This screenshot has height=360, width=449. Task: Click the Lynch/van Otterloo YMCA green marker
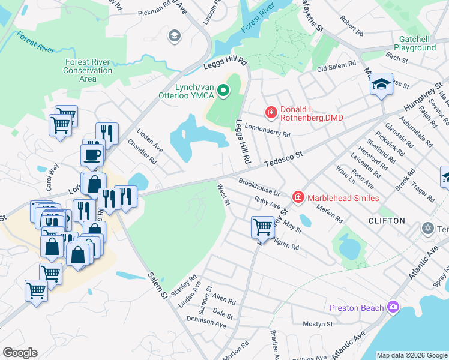tap(223, 91)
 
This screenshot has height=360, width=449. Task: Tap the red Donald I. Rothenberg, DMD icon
tap(271, 112)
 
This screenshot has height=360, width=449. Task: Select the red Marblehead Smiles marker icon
tap(297, 197)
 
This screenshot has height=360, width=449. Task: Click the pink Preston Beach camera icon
tap(393, 307)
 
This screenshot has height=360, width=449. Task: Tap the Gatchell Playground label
tap(414, 43)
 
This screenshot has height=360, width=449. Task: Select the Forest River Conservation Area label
tap(88, 70)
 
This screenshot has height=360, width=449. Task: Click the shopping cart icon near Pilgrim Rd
tap(262, 226)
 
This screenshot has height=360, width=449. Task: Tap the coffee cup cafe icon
tap(92, 155)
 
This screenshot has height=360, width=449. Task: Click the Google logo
tap(20, 353)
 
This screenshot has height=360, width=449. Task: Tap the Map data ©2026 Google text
tap(412, 355)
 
